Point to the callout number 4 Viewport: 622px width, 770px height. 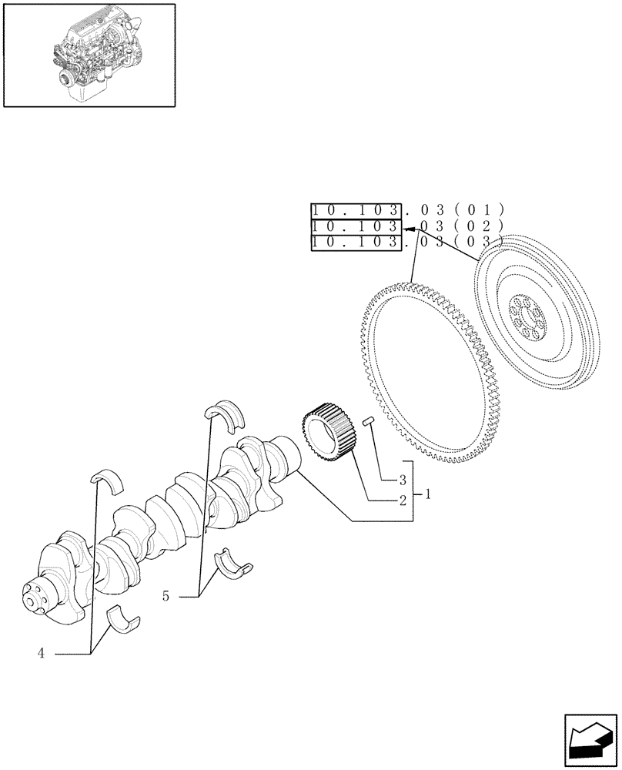click(41, 654)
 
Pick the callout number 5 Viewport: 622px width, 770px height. click(166, 595)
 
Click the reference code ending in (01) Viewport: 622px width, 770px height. click(407, 209)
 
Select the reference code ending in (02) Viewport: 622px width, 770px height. click(407, 226)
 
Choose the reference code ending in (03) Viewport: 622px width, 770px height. click(407, 243)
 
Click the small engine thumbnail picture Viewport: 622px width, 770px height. click(89, 55)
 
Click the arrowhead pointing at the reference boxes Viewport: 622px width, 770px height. click(406, 229)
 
